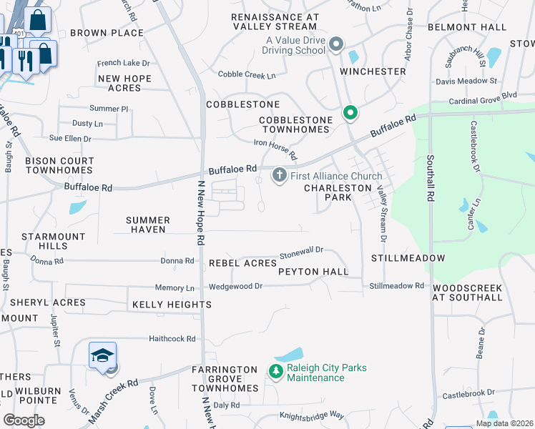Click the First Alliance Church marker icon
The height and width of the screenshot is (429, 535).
point(279,175)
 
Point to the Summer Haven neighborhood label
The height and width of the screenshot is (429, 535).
point(148,225)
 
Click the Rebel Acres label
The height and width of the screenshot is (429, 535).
point(242,263)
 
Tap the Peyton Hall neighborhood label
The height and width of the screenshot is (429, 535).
point(313,272)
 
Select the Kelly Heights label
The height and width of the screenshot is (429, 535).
point(172,305)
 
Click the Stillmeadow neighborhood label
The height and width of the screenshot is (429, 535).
point(408,257)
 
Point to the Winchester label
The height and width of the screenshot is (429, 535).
point(373,72)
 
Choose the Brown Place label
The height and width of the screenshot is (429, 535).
point(107,33)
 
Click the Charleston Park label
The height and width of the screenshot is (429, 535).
point(338,192)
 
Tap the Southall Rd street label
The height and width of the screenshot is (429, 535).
point(431,179)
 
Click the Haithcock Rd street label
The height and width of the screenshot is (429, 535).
point(172,338)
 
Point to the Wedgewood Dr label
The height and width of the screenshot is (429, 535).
point(235,286)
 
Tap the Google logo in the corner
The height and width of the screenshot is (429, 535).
point(24,420)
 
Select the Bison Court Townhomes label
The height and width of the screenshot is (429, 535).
point(59,166)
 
